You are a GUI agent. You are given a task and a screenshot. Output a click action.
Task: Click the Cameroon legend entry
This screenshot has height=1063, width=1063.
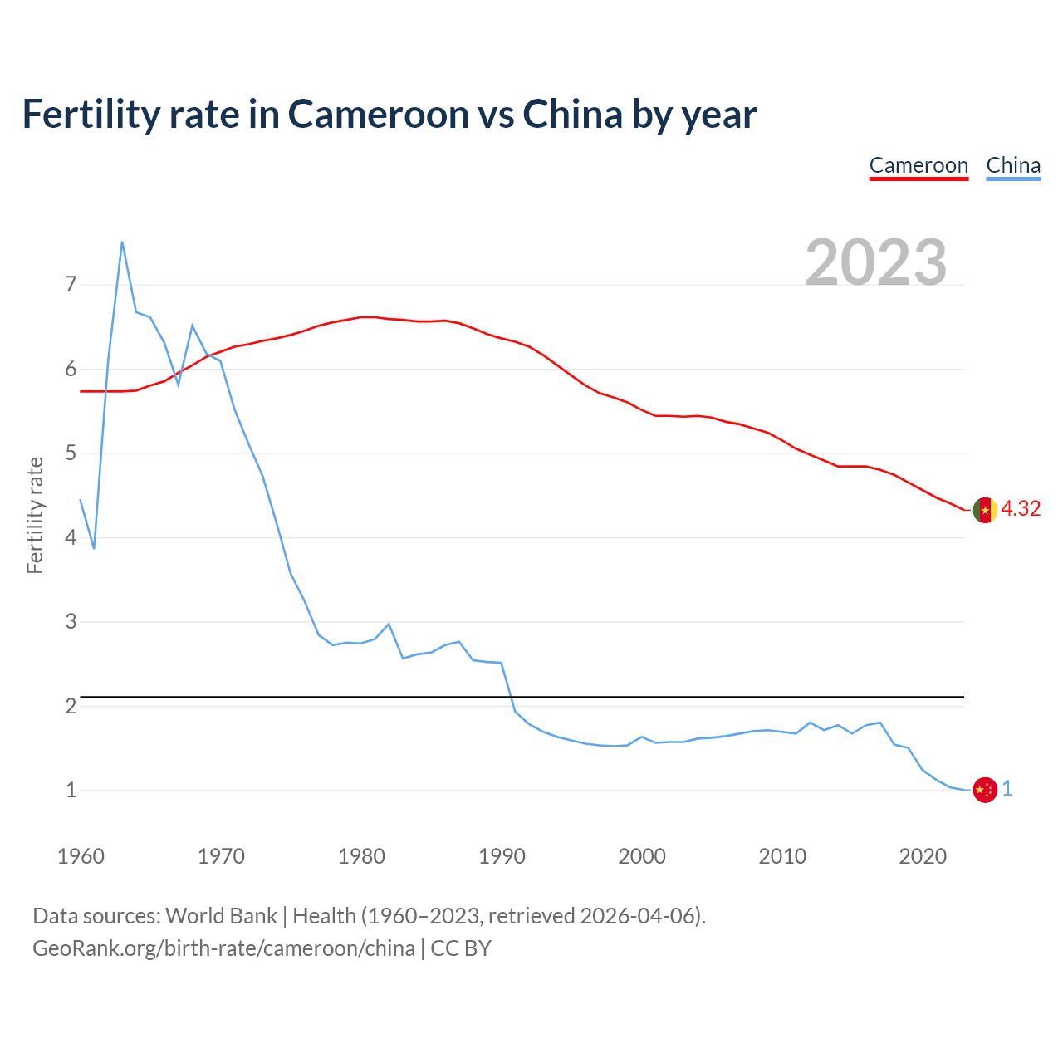tap(918, 165)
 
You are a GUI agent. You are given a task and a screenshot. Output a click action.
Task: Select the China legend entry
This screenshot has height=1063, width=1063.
tap(1013, 165)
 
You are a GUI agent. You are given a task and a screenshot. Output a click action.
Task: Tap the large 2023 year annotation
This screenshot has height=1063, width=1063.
tap(875, 262)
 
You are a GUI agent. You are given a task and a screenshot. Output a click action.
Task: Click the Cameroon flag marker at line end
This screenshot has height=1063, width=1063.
tap(985, 510)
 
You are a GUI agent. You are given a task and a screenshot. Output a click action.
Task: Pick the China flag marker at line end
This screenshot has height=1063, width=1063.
tap(985, 790)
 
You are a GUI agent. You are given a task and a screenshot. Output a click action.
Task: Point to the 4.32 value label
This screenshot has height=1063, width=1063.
tap(1021, 509)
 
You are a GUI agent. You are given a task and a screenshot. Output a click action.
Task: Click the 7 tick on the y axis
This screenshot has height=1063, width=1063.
tap(71, 285)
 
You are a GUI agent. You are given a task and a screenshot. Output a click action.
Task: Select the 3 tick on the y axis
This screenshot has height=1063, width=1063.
tap(71, 622)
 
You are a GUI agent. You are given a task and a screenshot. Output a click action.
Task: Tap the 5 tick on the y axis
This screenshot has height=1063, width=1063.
tap(71, 453)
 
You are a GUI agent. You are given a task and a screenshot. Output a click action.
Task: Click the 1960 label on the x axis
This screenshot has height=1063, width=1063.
tap(81, 856)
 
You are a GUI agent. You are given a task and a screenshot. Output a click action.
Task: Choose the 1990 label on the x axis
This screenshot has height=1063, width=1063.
tap(502, 856)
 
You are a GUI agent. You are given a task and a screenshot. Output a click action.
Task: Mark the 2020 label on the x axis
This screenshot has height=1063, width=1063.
tap(923, 856)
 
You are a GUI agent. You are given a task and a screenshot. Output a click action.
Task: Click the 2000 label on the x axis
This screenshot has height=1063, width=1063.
tap(642, 856)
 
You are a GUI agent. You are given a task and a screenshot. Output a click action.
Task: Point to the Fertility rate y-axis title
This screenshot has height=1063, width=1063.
tap(35, 515)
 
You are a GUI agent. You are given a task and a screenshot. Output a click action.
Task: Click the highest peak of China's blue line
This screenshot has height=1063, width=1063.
tap(122, 242)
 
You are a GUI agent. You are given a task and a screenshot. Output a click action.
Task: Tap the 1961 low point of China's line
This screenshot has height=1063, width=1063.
tap(94, 548)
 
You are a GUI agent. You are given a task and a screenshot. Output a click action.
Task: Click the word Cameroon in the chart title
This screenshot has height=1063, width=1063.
tap(379, 114)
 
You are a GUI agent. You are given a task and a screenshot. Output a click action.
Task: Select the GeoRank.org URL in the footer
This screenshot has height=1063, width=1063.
tap(223, 948)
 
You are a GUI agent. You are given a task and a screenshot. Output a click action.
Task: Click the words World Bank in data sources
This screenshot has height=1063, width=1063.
tap(221, 916)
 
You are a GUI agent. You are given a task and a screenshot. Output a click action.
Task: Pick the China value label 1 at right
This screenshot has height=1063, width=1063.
tap(1007, 789)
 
